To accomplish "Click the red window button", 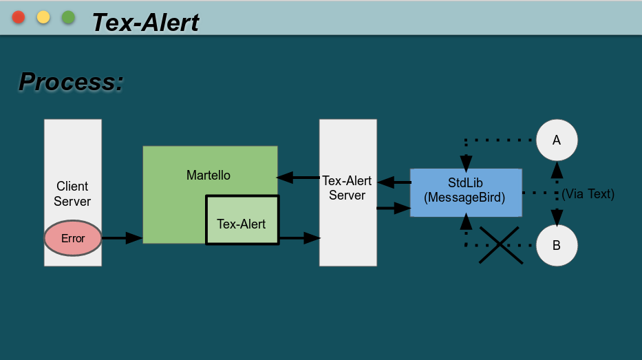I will point(19,17).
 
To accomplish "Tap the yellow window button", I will point(43,17).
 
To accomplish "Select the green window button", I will point(68,17).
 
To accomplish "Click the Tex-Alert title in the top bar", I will point(145,22).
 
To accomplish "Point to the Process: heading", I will point(71,82).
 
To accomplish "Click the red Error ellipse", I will point(73,238).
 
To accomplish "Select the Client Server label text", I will point(72,193).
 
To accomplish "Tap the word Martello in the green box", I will point(208,176).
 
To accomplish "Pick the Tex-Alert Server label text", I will point(347,188).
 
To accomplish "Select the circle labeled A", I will point(557,140).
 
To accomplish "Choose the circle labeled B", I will point(557,245).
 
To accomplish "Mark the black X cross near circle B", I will point(502,245).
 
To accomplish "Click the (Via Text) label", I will point(588,194).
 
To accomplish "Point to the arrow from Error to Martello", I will point(122,238).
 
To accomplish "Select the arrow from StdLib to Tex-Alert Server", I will point(394,182).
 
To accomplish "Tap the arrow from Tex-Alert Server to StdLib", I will point(394,207).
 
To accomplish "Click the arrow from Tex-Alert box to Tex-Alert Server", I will point(300,238).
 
